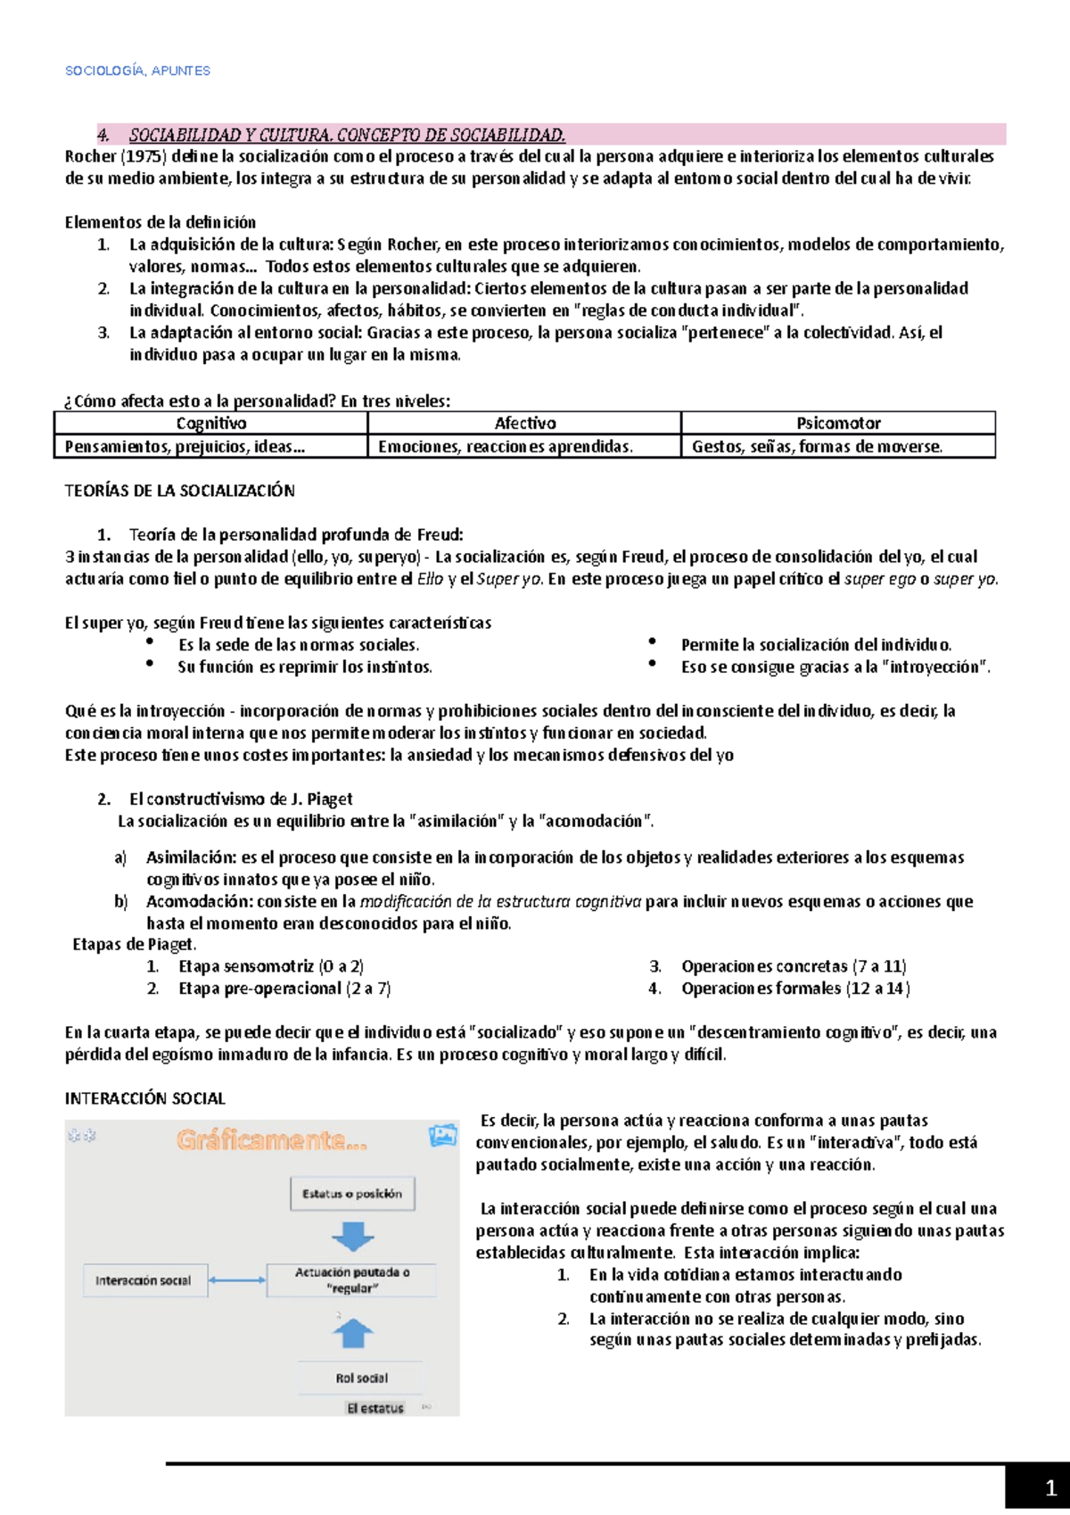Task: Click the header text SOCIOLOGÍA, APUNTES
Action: pyautogui.click(x=137, y=70)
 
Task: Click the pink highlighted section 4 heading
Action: pyautogui.click(x=347, y=135)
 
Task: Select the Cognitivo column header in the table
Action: pyautogui.click(x=210, y=423)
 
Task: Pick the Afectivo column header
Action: pyautogui.click(x=525, y=423)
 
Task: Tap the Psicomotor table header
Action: pyautogui.click(x=838, y=423)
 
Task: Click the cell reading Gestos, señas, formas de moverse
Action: pyautogui.click(x=817, y=446)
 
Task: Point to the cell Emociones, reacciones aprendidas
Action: pyautogui.click(x=506, y=446)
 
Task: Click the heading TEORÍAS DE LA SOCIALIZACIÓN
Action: pyautogui.click(x=179, y=491)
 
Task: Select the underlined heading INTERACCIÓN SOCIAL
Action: pyautogui.click(x=144, y=1098)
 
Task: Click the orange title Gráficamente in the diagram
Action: pyautogui.click(x=271, y=1140)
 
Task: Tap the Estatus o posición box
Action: pyautogui.click(x=352, y=1194)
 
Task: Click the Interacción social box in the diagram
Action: pyautogui.click(x=143, y=1280)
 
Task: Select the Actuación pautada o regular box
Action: pyautogui.click(x=352, y=1280)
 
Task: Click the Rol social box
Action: pyautogui.click(x=361, y=1378)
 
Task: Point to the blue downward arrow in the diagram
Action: pyautogui.click(x=353, y=1236)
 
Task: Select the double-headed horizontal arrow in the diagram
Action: pyautogui.click(x=237, y=1280)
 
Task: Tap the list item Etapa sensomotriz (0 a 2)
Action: pyautogui.click(x=270, y=966)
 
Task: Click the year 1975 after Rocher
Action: pyautogui.click(x=143, y=157)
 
